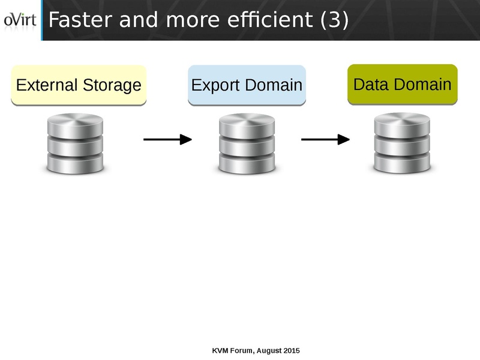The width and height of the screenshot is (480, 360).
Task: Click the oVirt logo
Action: pyautogui.click(x=20, y=20)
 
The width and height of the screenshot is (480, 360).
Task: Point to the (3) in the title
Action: pyautogui.click(x=334, y=20)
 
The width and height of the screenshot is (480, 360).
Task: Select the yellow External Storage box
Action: pyautogui.click(x=79, y=85)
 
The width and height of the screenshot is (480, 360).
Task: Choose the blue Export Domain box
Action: pyautogui.click(x=247, y=85)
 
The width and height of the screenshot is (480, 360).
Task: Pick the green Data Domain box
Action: pyautogui.click(x=402, y=84)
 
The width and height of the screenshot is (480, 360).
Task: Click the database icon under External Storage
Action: pyautogui.click(x=75, y=144)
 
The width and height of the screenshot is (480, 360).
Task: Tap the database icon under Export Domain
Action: pyautogui.click(x=247, y=144)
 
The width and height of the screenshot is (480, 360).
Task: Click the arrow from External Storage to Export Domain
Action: pyautogui.click(x=167, y=140)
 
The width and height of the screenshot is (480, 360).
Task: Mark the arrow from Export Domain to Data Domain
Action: pyautogui.click(x=325, y=140)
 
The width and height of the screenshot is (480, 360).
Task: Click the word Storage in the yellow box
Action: pyautogui.click(x=112, y=85)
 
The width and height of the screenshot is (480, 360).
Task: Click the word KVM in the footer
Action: pyautogui.click(x=221, y=350)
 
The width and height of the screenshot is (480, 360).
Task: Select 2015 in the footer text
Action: pyautogui.click(x=291, y=350)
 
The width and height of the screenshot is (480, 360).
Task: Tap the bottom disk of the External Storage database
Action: pyautogui.click(x=75, y=162)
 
